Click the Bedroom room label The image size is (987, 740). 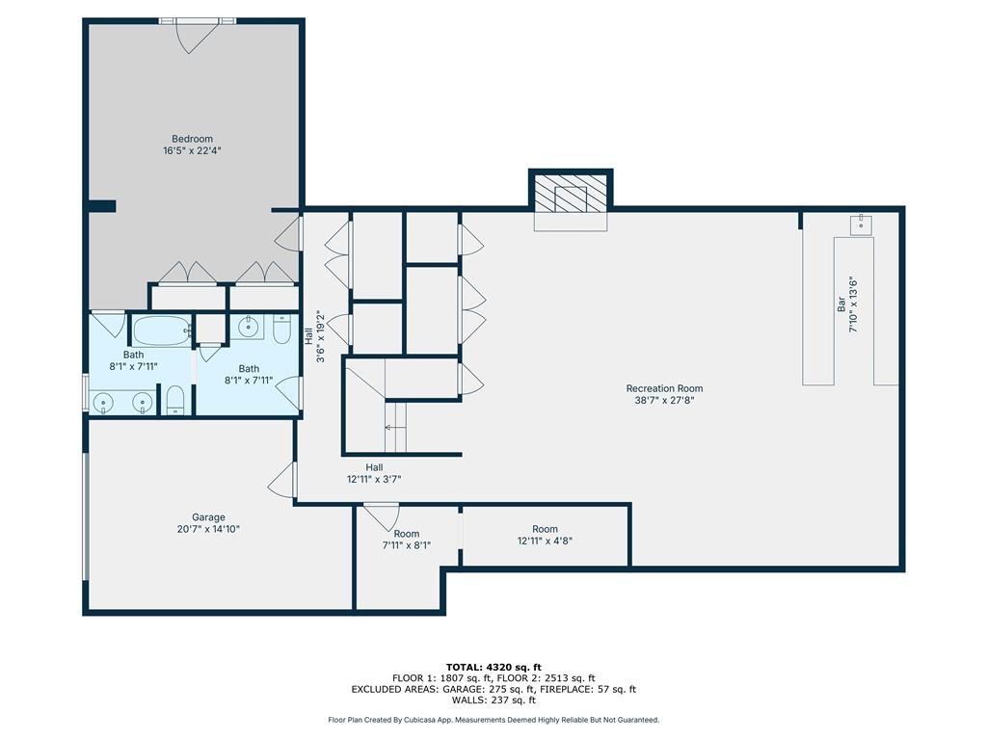tap(192, 139)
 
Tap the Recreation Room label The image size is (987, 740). tap(663, 388)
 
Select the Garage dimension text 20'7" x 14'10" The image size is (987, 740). tap(208, 529)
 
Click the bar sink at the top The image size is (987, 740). tap(861, 224)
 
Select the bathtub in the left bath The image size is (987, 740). tap(160, 332)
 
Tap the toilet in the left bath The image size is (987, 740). tap(175, 399)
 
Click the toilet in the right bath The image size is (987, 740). tap(281, 330)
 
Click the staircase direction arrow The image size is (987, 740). tap(392, 426)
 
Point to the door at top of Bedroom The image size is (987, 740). tap(195, 35)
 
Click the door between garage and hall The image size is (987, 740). tap(283, 480)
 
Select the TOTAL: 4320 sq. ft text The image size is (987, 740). tap(493, 667)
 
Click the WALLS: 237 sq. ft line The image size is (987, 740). tap(493, 700)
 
